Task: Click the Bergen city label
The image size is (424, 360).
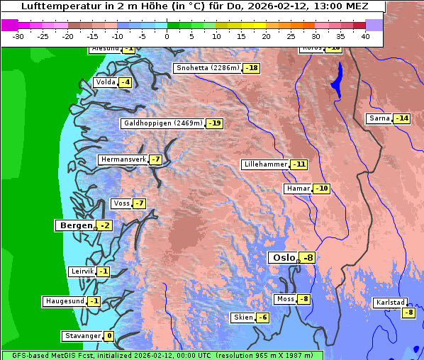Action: (74, 225)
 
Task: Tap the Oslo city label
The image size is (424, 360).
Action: (284, 258)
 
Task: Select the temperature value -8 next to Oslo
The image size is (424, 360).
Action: (306, 258)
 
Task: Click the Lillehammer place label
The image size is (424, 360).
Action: (265, 164)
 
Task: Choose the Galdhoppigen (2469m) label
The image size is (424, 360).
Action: (163, 123)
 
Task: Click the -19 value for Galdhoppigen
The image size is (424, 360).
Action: (215, 123)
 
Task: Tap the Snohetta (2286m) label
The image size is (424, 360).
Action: (207, 68)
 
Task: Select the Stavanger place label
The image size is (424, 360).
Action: (82, 336)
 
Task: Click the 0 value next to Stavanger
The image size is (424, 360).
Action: (108, 336)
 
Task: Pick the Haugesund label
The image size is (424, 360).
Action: (65, 301)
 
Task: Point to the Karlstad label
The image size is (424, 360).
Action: (391, 303)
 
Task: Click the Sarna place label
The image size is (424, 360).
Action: (379, 118)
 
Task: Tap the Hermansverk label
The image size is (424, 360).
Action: (122, 159)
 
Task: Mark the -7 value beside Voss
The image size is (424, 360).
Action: (139, 203)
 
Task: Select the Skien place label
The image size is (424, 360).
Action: (242, 317)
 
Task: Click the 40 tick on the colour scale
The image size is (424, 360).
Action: (365, 35)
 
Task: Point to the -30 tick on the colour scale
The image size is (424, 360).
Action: (18, 35)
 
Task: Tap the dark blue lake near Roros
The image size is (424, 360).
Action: (335, 79)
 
